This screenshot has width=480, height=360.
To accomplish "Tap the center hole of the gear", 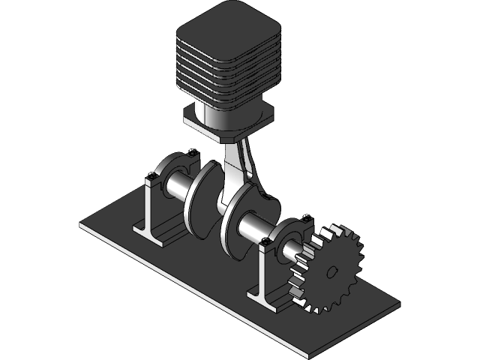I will point(331,271).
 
